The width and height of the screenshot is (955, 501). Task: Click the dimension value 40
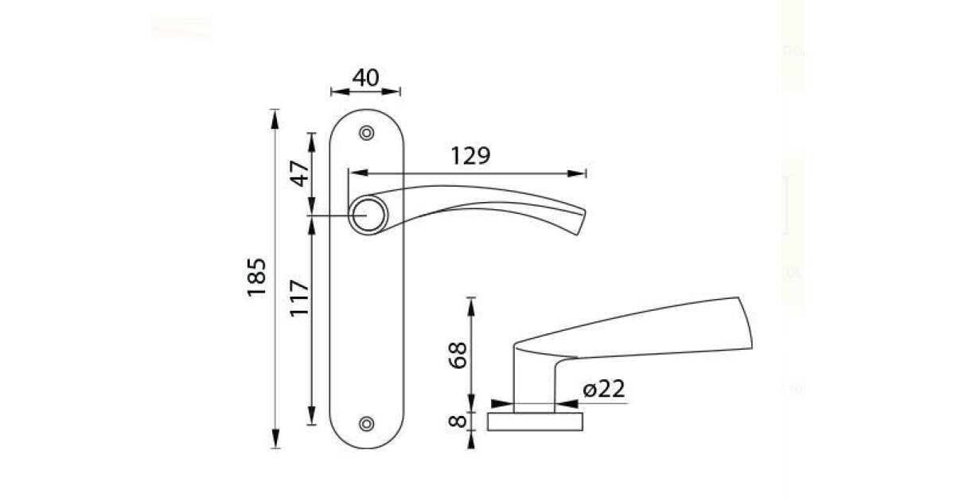[x=365, y=78]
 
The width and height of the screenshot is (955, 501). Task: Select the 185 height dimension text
[x=256, y=277]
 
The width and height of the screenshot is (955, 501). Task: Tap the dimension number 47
[x=300, y=174]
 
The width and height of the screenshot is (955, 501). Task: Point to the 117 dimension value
[x=299, y=297]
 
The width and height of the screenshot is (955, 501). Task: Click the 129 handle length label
[x=470, y=156]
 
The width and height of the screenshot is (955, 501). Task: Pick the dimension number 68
[x=458, y=355]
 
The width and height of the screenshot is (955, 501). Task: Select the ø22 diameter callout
[x=604, y=389]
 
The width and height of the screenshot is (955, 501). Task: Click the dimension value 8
[x=458, y=421]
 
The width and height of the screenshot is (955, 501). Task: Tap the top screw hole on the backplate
[x=367, y=133]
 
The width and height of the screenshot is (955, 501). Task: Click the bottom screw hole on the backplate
[x=367, y=423]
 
